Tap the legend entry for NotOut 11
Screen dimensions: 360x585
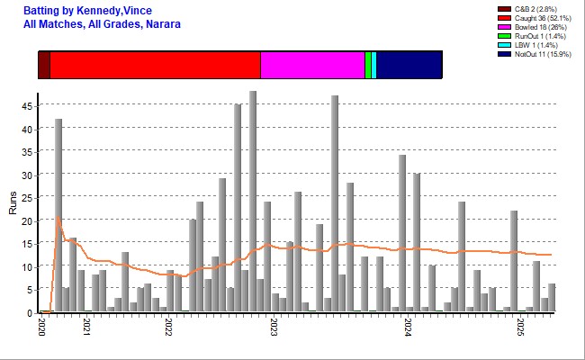pyautogui.click(x=536, y=55)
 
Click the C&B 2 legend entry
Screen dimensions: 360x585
pyautogui.click(x=531, y=10)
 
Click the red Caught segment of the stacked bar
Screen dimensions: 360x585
pyautogui.click(x=155, y=67)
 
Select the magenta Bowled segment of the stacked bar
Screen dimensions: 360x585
pyautogui.click(x=312, y=67)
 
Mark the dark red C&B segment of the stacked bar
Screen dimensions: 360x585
pyautogui.click(x=44, y=67)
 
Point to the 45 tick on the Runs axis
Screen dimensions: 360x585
pyautogui.click(x=28, y=106)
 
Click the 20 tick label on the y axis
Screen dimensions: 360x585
pyautogui.click(x=28, y=220)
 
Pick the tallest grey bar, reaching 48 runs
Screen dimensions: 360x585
pyautogui.click(x=253, y=202)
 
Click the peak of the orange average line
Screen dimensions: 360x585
pyautogui.click(x=58, y=217)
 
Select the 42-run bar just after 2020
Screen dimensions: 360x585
pyautogui.click(x=58, y=216)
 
